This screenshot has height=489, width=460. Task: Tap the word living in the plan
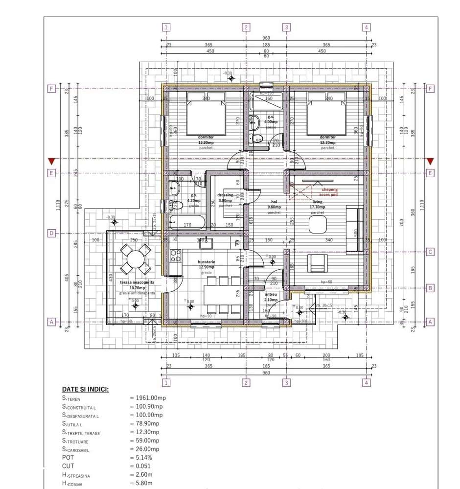click(x=317, y=201)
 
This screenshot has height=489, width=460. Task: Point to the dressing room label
click(x=225, y=195)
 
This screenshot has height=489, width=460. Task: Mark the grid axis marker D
click(x=51, y=233)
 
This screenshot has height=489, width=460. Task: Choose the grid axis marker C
click(x=430, y=252)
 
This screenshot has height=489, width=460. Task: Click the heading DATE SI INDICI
click(x=85, y=389)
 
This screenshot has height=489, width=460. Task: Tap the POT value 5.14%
click(x=141, y=458)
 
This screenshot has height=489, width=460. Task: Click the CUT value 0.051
click(x=140, y=466)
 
